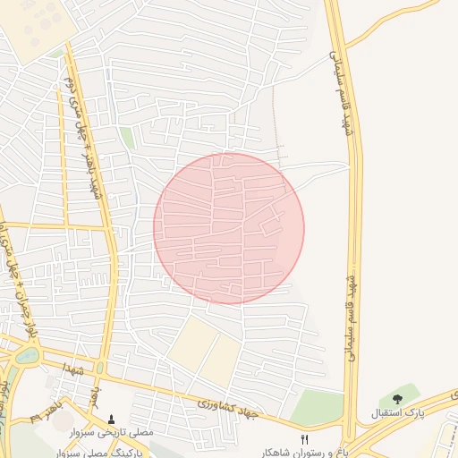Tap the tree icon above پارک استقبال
pos(397,399)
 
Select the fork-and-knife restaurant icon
pos(305,438)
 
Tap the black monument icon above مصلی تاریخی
pos(111,418)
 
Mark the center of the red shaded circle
pos(229,229)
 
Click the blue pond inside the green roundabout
pos(28,356)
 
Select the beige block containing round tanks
pos(36,27)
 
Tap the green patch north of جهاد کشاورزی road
pos(317,408)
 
